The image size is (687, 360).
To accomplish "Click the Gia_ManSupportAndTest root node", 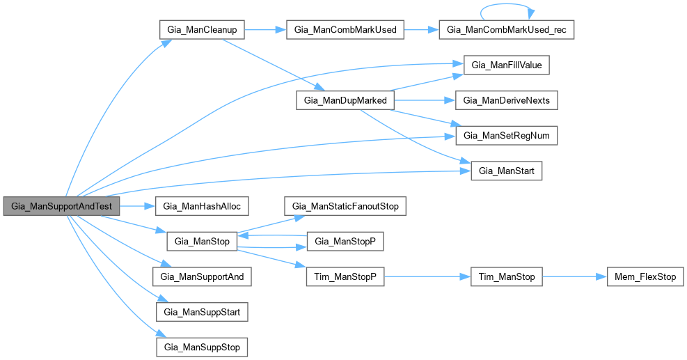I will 61,207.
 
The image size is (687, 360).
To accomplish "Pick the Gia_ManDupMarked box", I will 346,100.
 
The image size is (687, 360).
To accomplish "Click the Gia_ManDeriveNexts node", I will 507,100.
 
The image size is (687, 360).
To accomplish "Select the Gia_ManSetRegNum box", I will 507,135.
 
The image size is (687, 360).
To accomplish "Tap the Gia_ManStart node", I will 507,170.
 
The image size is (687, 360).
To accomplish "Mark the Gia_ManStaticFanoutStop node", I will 345,207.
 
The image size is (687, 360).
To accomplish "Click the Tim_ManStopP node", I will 345,276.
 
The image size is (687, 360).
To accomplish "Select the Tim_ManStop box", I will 507,276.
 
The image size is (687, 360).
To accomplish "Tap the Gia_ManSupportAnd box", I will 202,276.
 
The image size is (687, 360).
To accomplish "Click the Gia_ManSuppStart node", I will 202,311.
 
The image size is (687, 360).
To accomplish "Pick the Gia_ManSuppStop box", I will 202,346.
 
